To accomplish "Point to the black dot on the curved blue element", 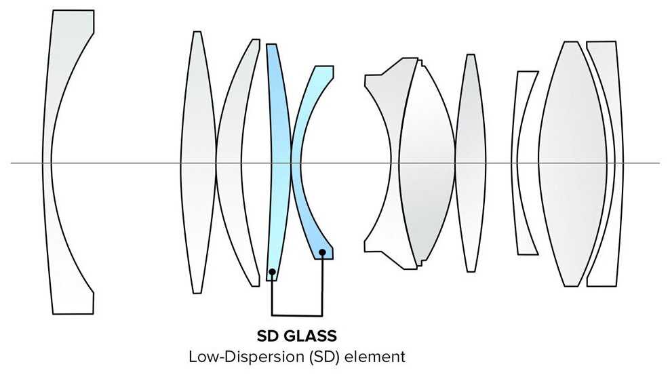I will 323,253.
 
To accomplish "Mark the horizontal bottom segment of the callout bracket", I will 297,316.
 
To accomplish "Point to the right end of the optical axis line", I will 658,163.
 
